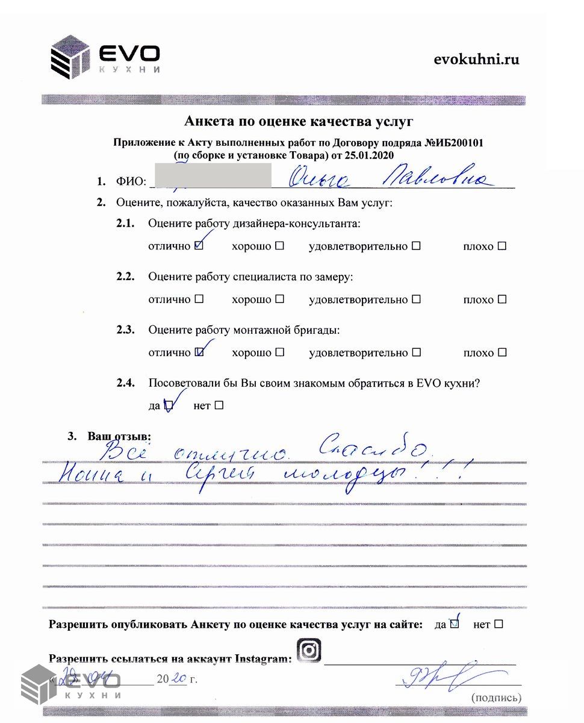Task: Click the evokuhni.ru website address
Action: [476, 59]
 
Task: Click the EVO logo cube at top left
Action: [70, 57]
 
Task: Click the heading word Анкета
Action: [210, 121]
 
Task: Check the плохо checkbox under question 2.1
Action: [502, 246]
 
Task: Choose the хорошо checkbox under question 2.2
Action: [279, 299]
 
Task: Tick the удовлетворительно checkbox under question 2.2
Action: [416, 299]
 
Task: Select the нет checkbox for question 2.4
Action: [219, 405]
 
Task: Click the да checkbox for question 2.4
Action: [169, 405]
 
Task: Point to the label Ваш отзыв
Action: [119, 436]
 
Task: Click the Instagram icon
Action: [309, 651]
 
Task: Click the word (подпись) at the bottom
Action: [496, 698]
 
